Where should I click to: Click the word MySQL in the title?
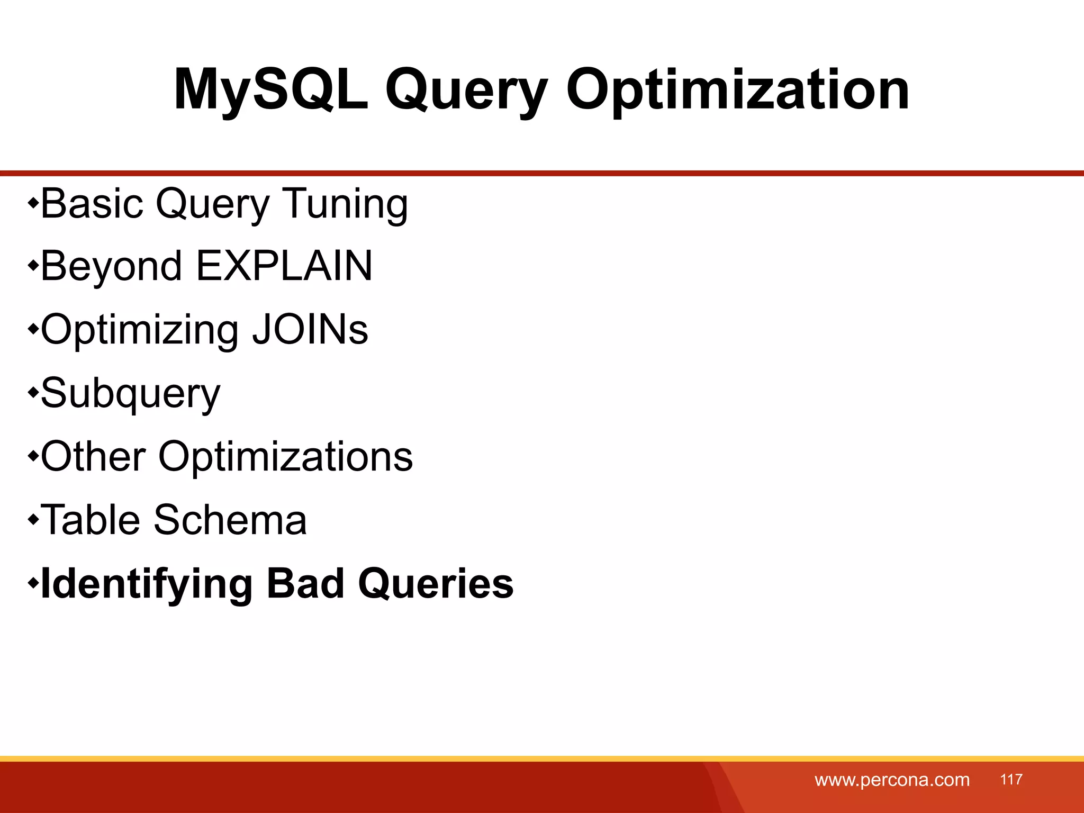[271, 90]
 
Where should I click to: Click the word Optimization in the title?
[737, 90]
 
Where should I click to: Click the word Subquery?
[130, 394]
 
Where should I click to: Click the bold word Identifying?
[147, 584]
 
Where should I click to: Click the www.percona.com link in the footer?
[892, 780]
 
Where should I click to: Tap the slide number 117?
[1011, 779]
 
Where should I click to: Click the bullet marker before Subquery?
[33, 393]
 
